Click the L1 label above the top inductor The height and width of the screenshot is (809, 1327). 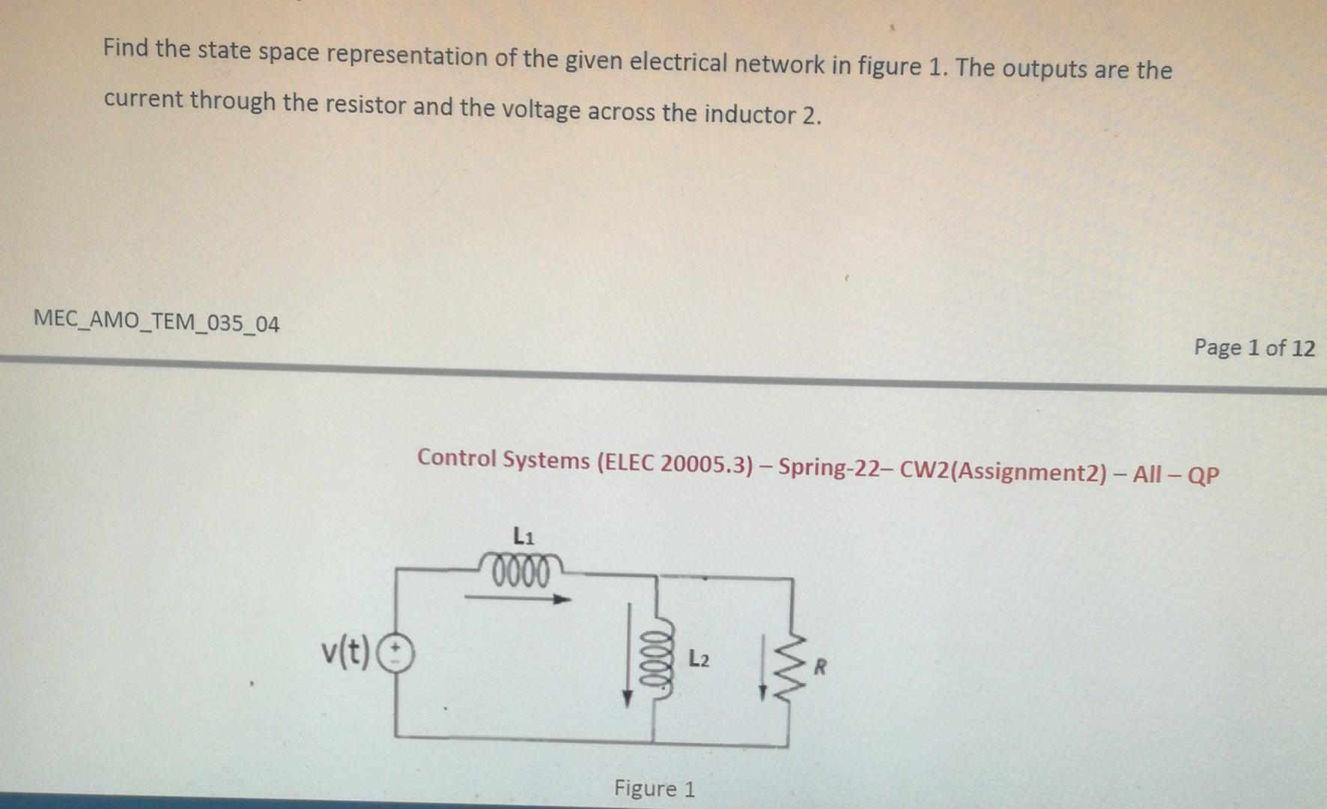pyautogui.click(x=523, y=536)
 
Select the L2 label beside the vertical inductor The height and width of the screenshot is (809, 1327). pyautogui.click(x=698, y=660)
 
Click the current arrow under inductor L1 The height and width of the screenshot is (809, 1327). pyautogui.click(x=517, y=599)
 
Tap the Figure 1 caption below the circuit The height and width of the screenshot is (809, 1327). pyautogui.click(x=654, y=789)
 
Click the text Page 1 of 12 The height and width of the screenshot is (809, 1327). pyautogui.click(x=1254, y=348)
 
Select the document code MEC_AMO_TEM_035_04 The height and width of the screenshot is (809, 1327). pyautogui.click(x=157, y=322)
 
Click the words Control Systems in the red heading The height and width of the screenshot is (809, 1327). pyautogui.click(x=503, y=459)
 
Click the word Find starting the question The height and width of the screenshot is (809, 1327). pyautogui.click(x=127, y=49)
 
